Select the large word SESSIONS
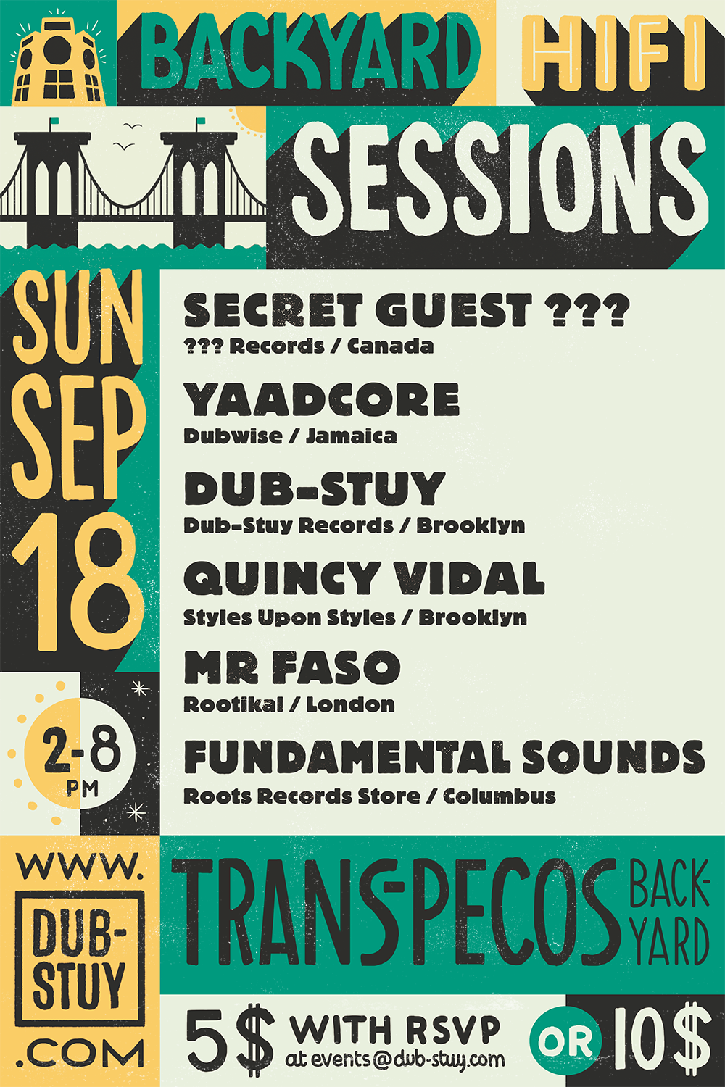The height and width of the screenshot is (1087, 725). (500, 178)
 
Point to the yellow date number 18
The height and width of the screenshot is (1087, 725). (78, 582)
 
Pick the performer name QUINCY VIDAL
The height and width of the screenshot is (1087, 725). (364, 578)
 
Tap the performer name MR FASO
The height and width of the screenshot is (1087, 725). (292, 667)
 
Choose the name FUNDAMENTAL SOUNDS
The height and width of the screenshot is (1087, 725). (444, 757)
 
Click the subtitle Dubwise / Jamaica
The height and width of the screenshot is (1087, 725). (290, 436)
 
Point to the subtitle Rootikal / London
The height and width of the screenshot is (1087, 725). (289, 704)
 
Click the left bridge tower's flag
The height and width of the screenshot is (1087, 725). (54, 121)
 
